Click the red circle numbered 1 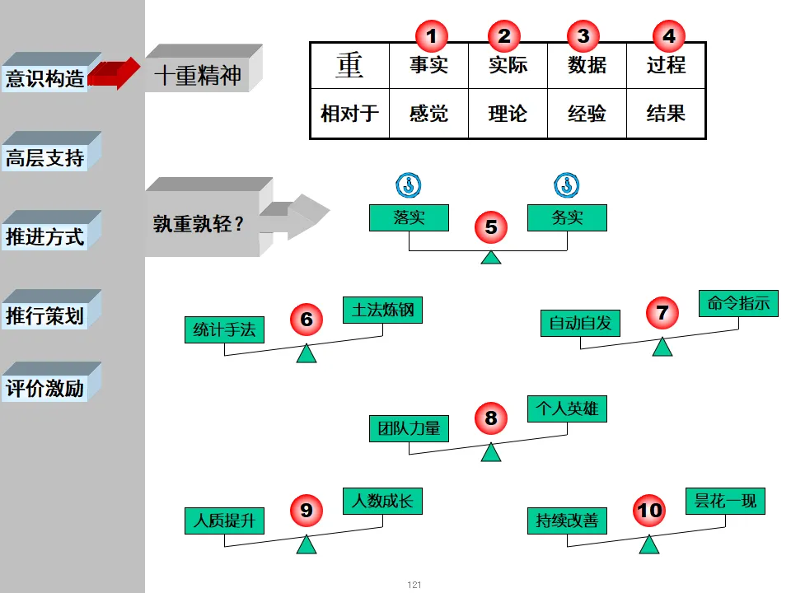click(431, 35)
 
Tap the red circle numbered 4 click(668, 35)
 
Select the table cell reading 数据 click(587, 65)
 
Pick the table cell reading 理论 click(508, 113)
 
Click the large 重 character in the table click(349, 65)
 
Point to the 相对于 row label click(349, 113)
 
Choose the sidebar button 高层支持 click(46, 158)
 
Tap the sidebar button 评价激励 click(46, 389)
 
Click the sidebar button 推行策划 click(46, 316)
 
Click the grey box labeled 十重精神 click(198, 76)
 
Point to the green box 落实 click(409, 217)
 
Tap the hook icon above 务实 click(567, 184)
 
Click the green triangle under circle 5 click(491, 257)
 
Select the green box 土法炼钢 click(382, 310)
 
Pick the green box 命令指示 click(738, 303)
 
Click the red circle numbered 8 click(491, 418)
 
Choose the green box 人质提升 click(224, 521)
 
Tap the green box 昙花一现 click(725, 501)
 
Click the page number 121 click(414, 585)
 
